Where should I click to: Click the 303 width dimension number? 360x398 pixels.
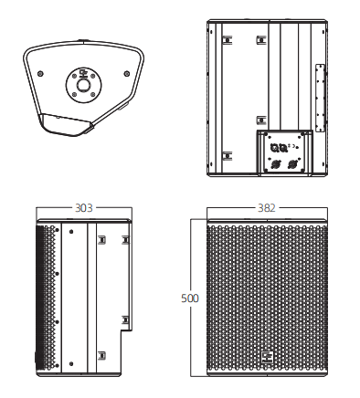pos(84,208)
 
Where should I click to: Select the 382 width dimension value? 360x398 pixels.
pos(267,208)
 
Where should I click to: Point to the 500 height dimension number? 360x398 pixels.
pos(190,298)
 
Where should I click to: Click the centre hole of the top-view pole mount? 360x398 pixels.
pos(83,85)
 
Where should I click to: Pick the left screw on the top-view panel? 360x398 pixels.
pos(40,73)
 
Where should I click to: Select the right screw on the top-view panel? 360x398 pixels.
pos(127,73)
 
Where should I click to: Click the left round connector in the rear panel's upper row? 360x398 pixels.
pos(274,148)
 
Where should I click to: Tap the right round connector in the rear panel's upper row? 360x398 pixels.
pos(283,148)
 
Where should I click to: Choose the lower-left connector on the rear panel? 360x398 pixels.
pos(274,164)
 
